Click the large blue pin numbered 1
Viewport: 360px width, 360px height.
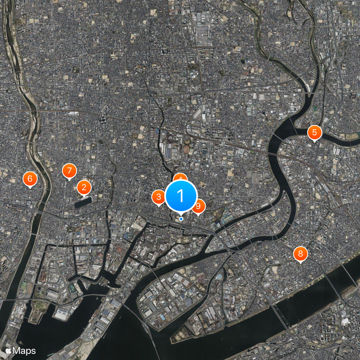coord(181,196)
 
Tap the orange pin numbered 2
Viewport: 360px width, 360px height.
coord(84,187)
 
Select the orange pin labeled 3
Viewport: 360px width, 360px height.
coord(159,197)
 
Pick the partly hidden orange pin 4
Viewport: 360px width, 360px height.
coord(180,177)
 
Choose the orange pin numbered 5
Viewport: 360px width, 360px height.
coord(315,132)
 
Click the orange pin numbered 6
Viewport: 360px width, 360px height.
coord(30,179)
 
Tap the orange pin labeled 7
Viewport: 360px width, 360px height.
coord(69,171)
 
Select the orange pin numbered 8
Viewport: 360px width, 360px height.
coord(300,254)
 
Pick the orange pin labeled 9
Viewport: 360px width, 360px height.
coord(199,206)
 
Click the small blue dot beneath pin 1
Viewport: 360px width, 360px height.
coord(181,219)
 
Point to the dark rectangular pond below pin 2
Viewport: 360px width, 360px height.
coord(83,202)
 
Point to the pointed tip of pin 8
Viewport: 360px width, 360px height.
coord(300,263)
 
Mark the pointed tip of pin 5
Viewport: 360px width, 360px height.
coord(315,142)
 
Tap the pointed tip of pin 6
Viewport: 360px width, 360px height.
coord(30,189)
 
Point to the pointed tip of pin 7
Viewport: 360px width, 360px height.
coord(69,180)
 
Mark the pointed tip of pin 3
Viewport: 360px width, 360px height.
coord(159,206)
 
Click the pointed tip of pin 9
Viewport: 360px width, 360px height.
coord(198,216)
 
